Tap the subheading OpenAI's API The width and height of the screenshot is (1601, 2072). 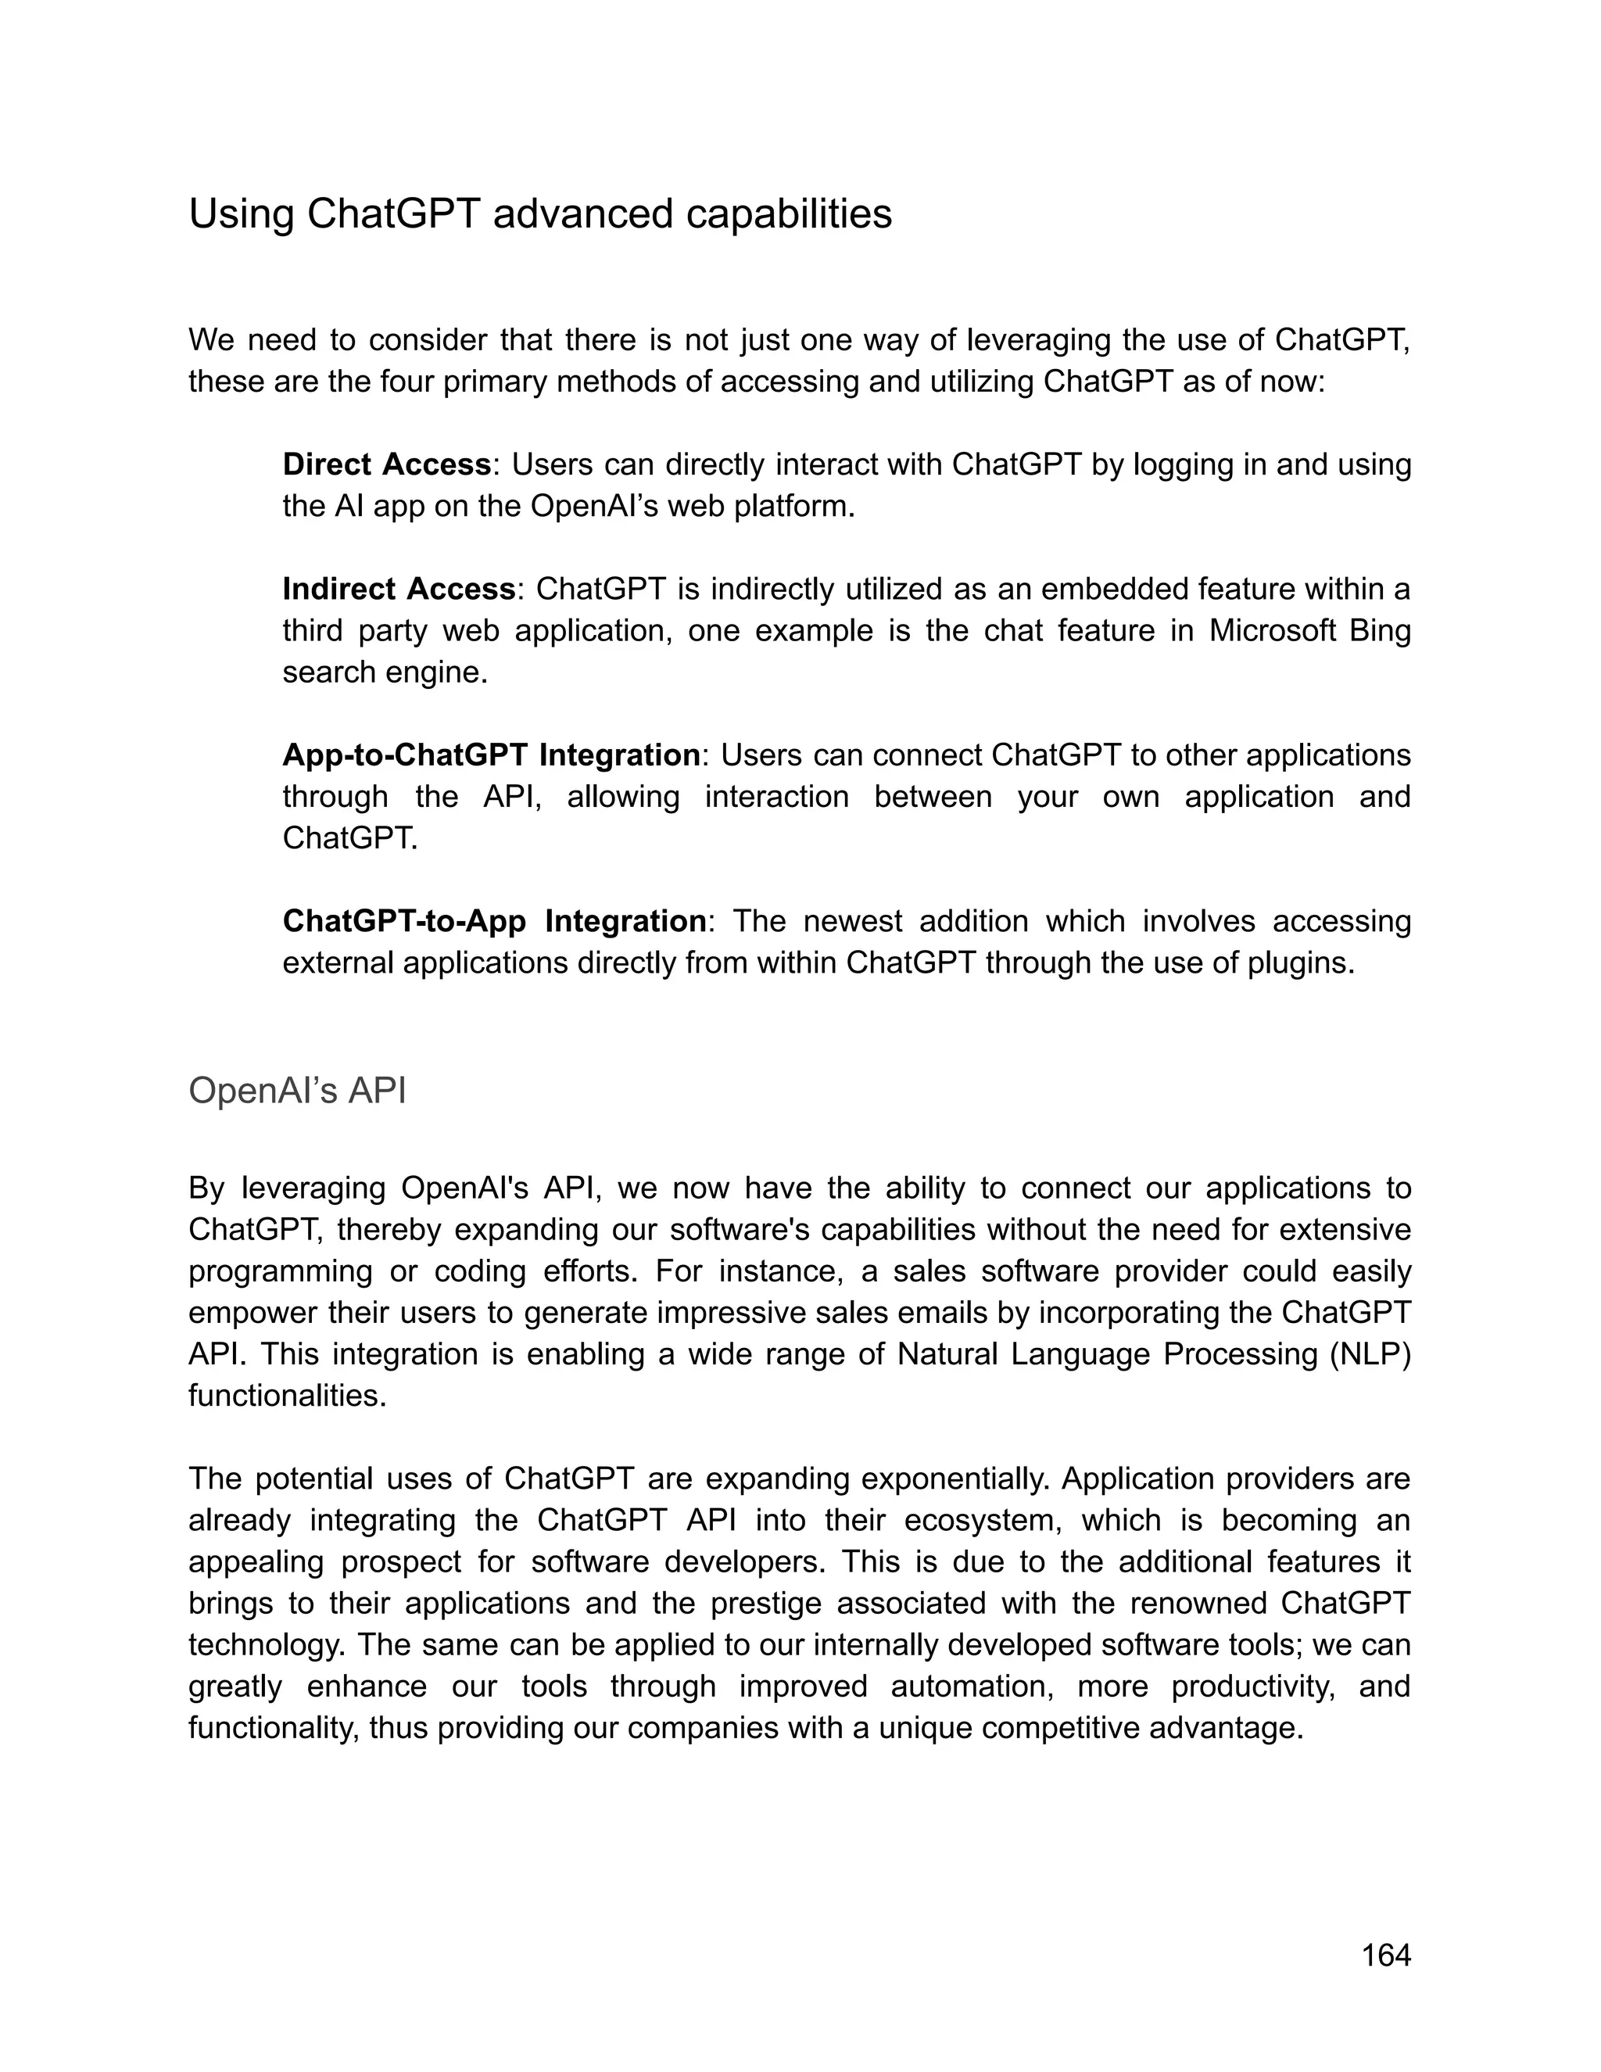297,1091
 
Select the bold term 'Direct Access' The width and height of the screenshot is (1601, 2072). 387,465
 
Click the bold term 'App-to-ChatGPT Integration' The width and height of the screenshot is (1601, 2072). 491,755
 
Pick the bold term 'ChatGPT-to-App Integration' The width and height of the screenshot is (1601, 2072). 493,921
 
